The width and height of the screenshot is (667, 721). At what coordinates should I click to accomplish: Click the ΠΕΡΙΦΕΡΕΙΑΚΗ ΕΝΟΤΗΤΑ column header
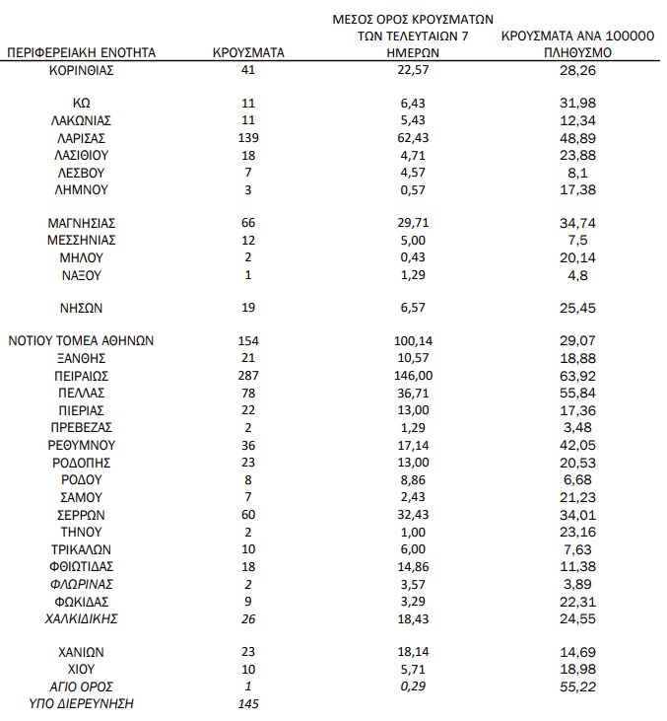click(x=83, y=52)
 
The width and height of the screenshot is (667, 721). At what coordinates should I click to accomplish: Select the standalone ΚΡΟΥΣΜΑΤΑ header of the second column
click(x=248, y=52)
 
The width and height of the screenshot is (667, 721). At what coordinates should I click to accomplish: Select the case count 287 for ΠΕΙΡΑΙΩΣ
click(x=248, y=376)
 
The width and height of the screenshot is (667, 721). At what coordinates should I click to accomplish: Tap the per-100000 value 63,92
click(x=577, y=376)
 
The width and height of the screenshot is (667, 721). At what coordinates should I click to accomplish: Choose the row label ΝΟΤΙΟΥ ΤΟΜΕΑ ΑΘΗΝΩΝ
click(x=83, y=341)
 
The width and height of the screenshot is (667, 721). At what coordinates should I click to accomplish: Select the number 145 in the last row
click(x=248, y=703)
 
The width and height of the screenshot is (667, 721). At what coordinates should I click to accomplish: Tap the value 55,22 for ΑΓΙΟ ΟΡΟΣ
click(x=577, y=686)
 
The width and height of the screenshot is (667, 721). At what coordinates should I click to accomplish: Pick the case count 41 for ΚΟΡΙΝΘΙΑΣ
click(x=248, y=70)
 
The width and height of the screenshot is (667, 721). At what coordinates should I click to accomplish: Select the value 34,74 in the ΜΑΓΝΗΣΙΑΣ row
click(x=577, y=224)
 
